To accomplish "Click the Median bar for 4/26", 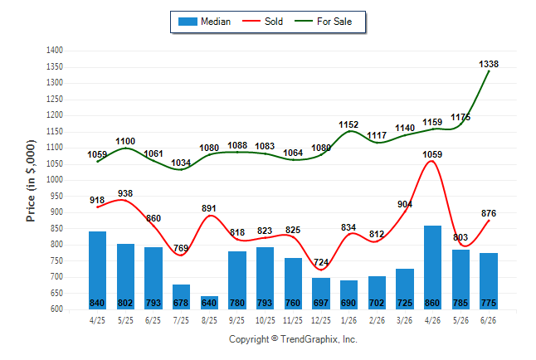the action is coord(432,267).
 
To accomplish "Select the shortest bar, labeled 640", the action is coord(209,303).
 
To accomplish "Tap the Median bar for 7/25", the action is coord(181,297).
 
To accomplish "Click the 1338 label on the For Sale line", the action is coord(489,64).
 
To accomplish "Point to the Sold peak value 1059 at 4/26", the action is coord(432,154).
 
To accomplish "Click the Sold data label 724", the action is coord(321,262).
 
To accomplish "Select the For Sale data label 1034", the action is coord(181,163).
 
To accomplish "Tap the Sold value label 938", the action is coord(125,193).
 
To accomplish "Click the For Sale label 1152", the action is coord(348,124).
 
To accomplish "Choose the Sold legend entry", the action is coord(262,22).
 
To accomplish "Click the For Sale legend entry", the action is coord(323,22).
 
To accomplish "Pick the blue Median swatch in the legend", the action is coord(188,22).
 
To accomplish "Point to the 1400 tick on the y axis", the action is coord(55,51).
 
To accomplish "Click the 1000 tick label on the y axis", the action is coord(55,180).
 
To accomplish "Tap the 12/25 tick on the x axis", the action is coord(320,320).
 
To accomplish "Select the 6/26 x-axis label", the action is coord(488,320).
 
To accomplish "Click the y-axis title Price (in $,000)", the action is coord(31,181).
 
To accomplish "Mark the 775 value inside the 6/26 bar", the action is coord(489,303).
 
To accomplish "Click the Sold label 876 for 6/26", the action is coord(489,213).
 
